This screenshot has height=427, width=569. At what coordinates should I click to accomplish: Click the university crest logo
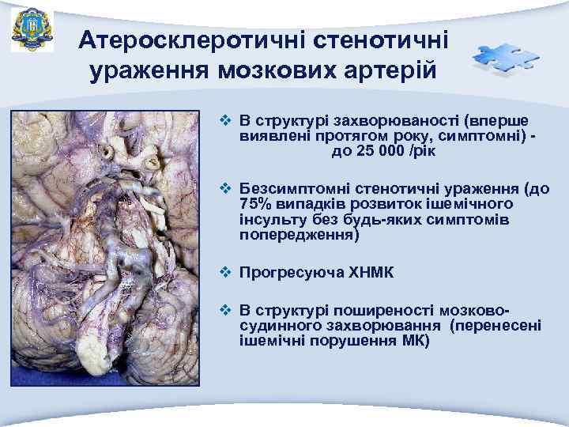tap(32, 30)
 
